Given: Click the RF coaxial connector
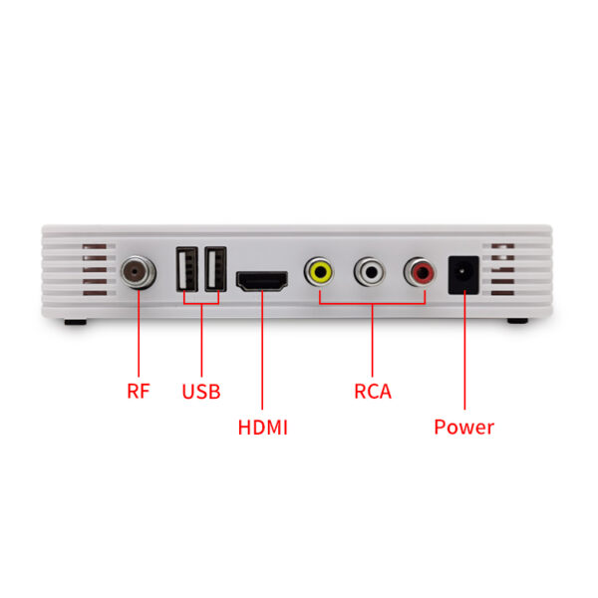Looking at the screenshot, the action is pos(139,272).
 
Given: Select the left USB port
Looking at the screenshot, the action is pos(187,269).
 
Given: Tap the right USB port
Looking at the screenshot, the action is pos(215,269).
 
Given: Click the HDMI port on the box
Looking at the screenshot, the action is pos(262,281).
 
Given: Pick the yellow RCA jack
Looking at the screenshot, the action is pos(320,272).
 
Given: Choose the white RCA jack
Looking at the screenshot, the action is pos(370,272).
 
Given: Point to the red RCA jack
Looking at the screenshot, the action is pos(421,272).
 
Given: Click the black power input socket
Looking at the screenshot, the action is pos(463,275).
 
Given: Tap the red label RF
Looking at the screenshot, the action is pos(139,391).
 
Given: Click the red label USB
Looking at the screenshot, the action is pos(201,392).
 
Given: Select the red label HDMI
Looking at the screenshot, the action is pos(263,428).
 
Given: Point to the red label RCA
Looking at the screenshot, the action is pos(373,392).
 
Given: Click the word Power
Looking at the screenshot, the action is pos(464,428).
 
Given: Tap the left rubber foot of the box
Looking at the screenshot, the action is pos(76,322).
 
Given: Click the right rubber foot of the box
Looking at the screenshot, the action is pos(517,321).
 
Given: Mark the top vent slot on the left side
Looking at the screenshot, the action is pos(95,246).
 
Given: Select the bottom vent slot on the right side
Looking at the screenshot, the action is pos(502,293).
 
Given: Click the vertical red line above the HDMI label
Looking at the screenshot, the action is pos(262,350).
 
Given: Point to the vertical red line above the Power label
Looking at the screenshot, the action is pos(464,350).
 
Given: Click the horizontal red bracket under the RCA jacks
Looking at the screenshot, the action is pos(372,304).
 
